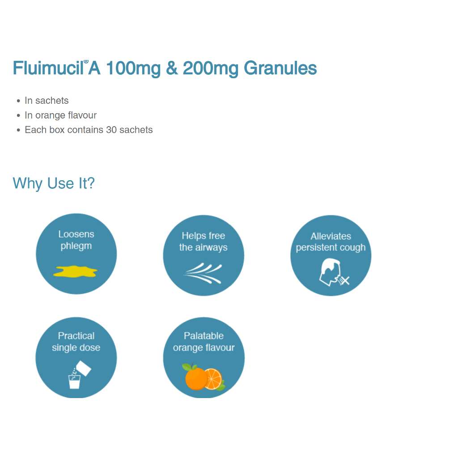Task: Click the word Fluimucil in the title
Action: (48, 68)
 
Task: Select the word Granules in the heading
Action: (280, 68)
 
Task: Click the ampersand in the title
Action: (172, 68)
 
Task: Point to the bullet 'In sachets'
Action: (47, 101)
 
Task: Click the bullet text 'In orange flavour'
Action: (60, 115)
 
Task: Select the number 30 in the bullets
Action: (111, 130)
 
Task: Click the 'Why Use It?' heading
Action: (54, 183)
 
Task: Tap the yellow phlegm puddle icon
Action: (75, 271)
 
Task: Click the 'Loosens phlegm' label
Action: (76, 240)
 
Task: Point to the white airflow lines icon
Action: (203, 273)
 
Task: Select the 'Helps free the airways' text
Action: (204, 242)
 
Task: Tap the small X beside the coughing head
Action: (345, 281)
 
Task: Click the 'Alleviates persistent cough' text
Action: (331, 242)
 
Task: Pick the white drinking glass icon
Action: (74, 382)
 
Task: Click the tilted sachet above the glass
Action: (84, 368)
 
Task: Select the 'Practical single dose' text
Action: (76, 342)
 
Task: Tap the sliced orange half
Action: (213, 379)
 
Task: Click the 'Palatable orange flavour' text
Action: (204, 342)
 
